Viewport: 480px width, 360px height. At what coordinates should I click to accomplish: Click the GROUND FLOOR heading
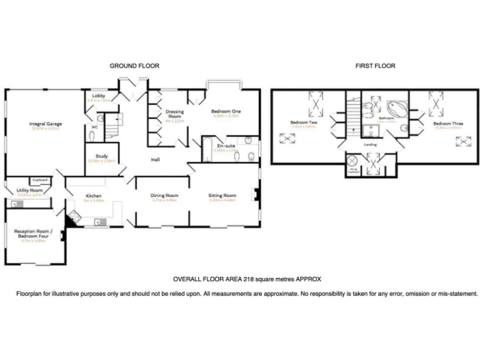134,66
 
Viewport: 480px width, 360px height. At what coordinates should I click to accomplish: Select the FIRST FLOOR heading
375,66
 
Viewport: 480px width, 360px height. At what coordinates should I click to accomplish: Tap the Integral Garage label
45,124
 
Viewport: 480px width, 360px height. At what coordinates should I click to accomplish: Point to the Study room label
102,156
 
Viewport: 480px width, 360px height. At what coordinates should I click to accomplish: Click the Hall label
156,160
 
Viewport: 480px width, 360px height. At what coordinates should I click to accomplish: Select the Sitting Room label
222,196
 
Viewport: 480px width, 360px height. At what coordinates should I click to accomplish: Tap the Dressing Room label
174,114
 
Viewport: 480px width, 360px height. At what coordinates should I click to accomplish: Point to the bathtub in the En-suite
206,149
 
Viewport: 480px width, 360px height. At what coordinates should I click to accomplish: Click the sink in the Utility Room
14,203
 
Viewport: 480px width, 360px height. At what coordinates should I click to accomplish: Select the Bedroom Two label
304,122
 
